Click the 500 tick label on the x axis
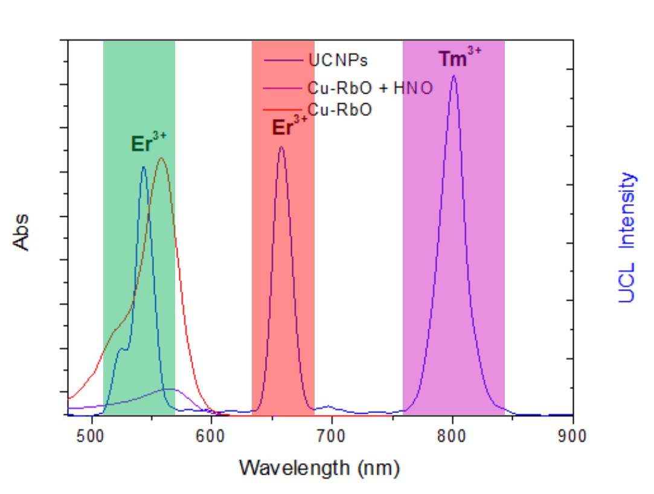pyautogui.click(x=91, y=437)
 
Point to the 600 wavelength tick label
pyautogui.click(x=211, y=437)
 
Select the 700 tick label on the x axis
pyautogui.click(x=332, y=437)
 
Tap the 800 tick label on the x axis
pyautogui.click(x=453, y=437)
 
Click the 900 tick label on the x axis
pyautogui.click(x=572, y=437)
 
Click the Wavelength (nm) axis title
pyautogui.click(x=319, y=467)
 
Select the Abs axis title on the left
pyautogui.click(x=21, y=232)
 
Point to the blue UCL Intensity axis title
pyautogui.click(x=627, y=237)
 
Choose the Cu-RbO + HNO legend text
pyautogui.click(x=370, y=88)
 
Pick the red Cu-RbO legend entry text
pyautogui.click(x=340, y=110)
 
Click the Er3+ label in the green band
pyautogui.click(x=149, y=143)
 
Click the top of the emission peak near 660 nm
pyautogui.click(x=281, y=147)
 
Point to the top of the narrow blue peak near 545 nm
pyautogui.click(x=144, y=167)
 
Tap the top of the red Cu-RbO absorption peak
pyautogui.click(x=161, y=158)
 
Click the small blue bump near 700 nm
pyautogui.click(x=327, y=406)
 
